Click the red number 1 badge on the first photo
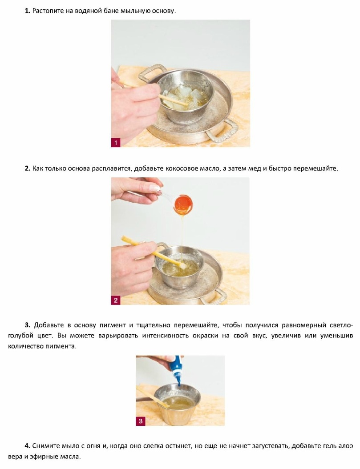tap(116, 142)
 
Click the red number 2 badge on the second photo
tap(116, 300)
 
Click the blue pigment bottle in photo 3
tap(178, 368)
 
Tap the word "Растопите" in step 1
tap(45, 11)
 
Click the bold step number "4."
tap(27, 445)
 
